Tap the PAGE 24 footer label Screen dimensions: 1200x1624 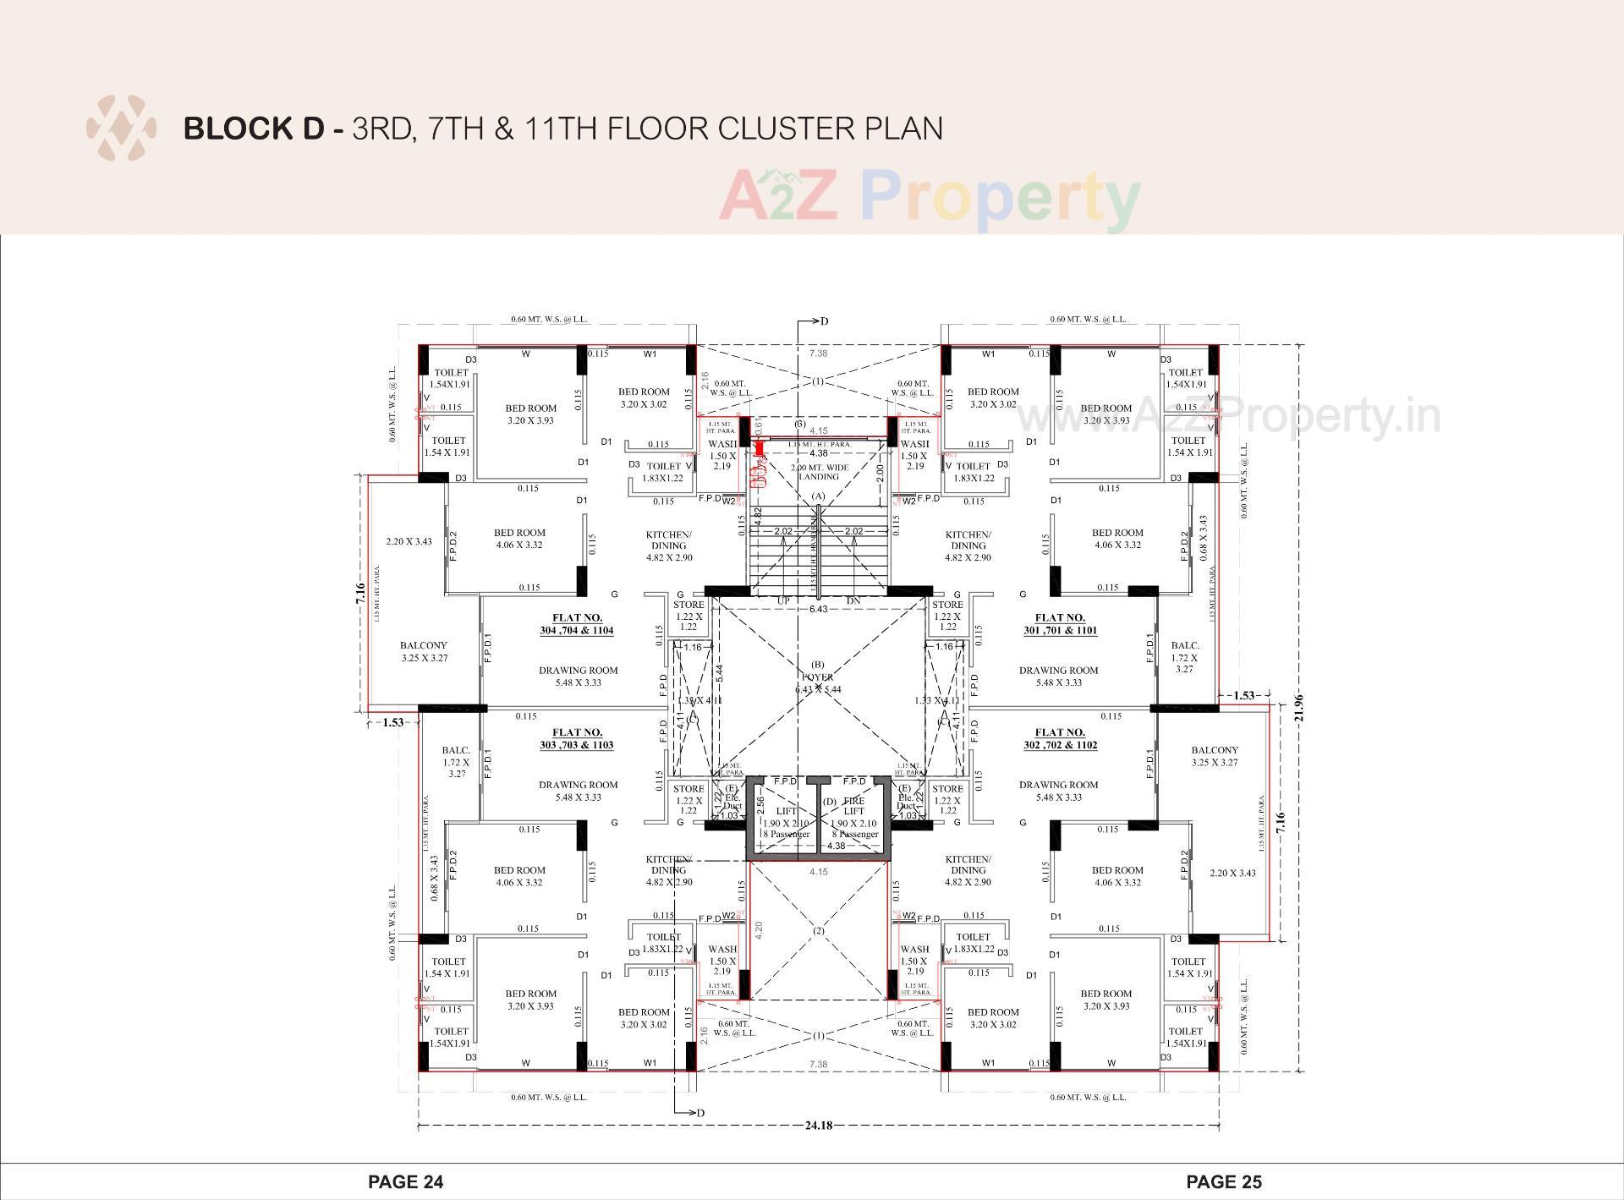coord(405,1181)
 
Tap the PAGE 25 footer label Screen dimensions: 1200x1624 coord(1224,1181)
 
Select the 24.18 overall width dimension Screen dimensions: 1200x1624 coord(819,1126)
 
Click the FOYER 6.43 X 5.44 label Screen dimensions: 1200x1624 coord(818,682)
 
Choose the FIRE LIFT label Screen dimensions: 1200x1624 coord(854,805)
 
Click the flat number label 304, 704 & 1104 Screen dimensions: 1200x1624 coord(578,624)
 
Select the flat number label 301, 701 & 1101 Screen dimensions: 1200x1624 coord(1060,624)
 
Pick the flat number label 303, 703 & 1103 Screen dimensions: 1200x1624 coord(578,738)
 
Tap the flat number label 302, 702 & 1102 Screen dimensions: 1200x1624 coord(1060,738)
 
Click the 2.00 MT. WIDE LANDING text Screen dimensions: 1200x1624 coord(818,472)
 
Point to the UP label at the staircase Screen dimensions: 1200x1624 coord(784,601)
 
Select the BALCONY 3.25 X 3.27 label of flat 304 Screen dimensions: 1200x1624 coord(424,651)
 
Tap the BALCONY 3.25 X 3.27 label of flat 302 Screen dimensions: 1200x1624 coord(1215,756)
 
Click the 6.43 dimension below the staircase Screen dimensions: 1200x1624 coord(818,609)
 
